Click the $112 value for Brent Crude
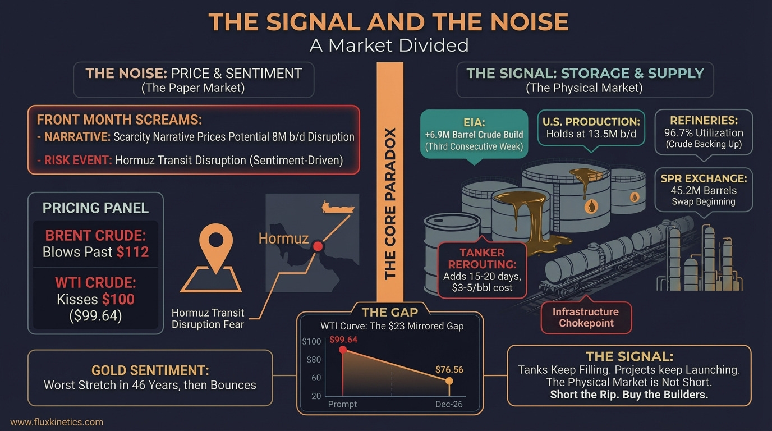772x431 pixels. [133, 251]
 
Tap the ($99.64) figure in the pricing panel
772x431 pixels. [95, 315]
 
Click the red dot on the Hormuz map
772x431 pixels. [318, 246]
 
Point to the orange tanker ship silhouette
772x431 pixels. [338, 207]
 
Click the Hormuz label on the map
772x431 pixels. [283, 239]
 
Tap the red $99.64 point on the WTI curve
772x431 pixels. [343, 350]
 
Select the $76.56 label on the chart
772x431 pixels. [449, 370]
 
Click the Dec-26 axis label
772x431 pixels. [449, 404]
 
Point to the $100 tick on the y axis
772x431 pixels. [311, 342]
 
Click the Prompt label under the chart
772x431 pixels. [342, 404]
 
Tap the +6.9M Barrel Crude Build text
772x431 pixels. [474, 135]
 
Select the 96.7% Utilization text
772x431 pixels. [703, 133]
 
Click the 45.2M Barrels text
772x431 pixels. [704, 190]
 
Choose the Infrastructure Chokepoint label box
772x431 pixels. [586, 318]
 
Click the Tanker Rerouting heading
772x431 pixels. [482, 258]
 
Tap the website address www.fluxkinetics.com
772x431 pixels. [57, 422]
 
